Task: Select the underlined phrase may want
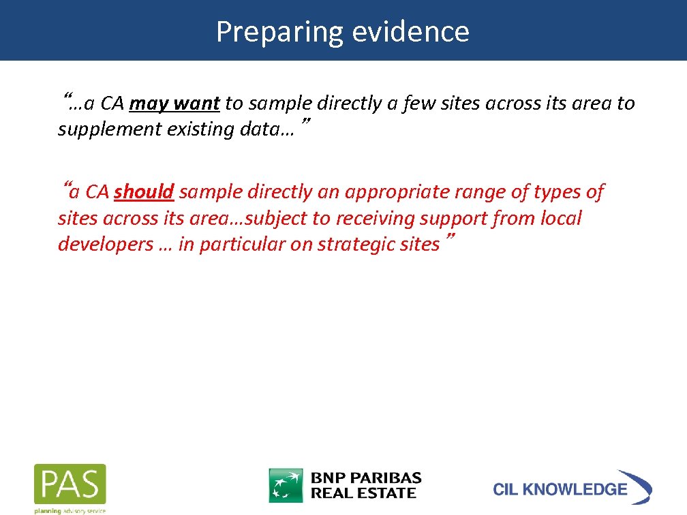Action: coord(174,104)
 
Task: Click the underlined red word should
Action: coord(144,193)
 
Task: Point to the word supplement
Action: coord(109,129)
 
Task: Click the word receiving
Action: coord(371,219)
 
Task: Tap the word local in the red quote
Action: coord(560,219)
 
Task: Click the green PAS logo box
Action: coord(70,484)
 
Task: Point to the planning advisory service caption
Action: coord(70,510)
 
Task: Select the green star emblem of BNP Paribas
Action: coord(286,485)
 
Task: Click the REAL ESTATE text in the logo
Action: coord(363,493)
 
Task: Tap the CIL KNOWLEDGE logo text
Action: coord(560,489)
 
